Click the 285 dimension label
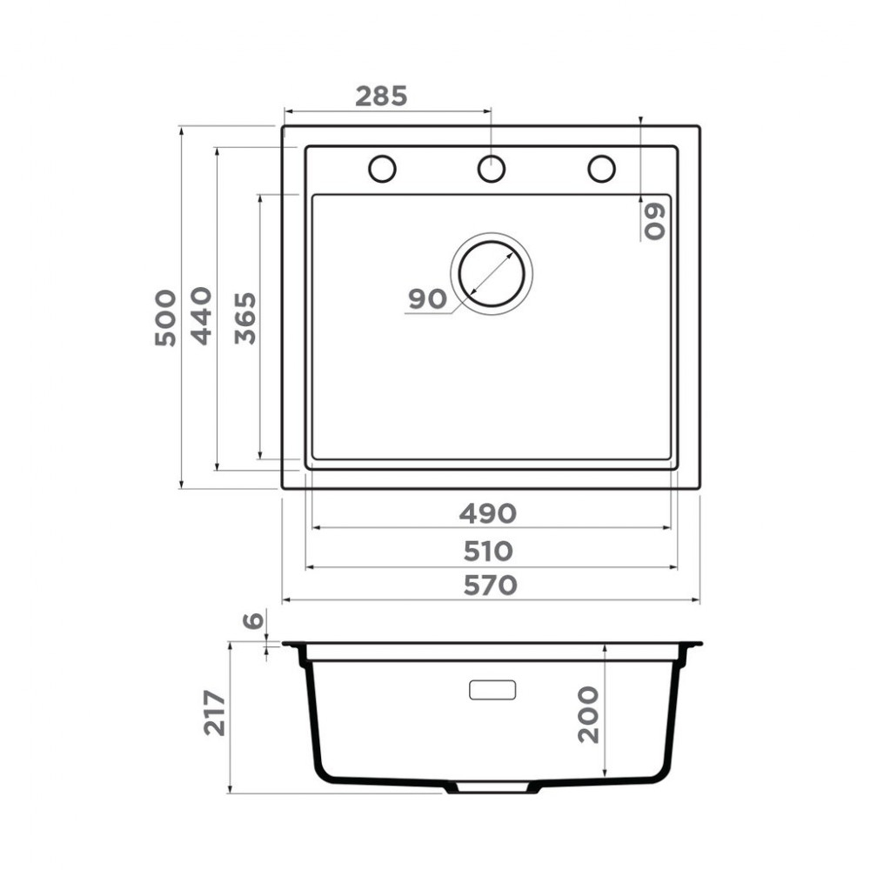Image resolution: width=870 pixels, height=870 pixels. click(x=381, y=96)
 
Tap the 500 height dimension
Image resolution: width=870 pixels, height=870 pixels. click(x=165, y=318)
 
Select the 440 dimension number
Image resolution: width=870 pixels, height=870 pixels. click(x=201, y=315)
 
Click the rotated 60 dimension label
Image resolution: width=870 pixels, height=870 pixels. click(x=654, y=221)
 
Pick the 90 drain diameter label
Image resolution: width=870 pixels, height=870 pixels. click(x=426, y=299)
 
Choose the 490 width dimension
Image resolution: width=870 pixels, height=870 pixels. click(x=488, y=514)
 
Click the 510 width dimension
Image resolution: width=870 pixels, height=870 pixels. click(x=488, y=552)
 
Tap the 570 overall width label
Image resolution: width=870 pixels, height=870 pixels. click(x=490, y=586)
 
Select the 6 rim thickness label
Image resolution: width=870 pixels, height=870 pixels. click(x=252, y=621)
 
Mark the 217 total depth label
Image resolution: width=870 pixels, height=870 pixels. click(x=214, y=713)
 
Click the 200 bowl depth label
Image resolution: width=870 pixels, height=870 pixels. click(x=589, y=713)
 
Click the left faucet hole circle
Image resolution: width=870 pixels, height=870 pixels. click(x=382, y=169)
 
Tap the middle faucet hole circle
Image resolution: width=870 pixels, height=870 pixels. click(x=492, y=169)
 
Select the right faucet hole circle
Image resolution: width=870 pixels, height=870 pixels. click(x=601, y=169)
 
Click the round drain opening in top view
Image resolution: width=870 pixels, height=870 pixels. click(x=492, y=273)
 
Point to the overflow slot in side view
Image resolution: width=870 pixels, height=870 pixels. click(x=492, y=690)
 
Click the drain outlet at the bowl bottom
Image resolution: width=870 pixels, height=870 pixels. click(x=492, y=786)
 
